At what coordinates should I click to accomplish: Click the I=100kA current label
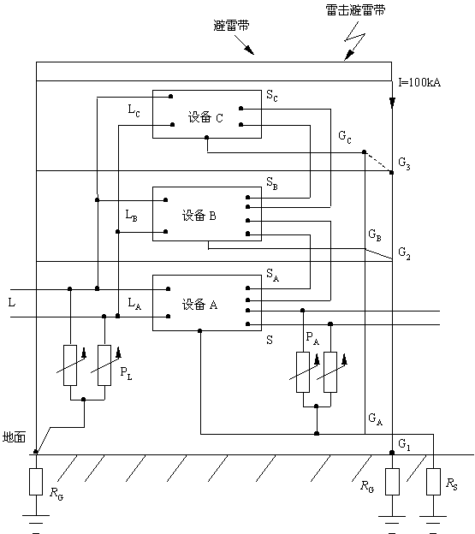[419, 83]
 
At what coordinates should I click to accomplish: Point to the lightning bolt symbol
[354, 41]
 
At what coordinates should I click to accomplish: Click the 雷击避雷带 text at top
[355, 10]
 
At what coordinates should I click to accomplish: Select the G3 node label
[404, 163]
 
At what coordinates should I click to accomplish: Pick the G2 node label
[404, 253]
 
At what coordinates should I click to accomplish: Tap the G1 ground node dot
[392, 453]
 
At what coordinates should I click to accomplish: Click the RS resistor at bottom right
[433, 482]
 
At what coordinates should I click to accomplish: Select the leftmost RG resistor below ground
[36, 482]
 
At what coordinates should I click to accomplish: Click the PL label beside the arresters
[126, 373]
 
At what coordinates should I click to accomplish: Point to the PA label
[312, 338]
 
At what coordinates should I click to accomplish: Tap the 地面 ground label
[14, 437]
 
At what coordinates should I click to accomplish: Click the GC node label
[345, 137]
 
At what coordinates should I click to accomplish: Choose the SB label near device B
[272, 183]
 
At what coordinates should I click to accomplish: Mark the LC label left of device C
[134, 110]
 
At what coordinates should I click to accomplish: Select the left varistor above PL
[70, 365]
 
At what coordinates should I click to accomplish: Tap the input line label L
[12, 302]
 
